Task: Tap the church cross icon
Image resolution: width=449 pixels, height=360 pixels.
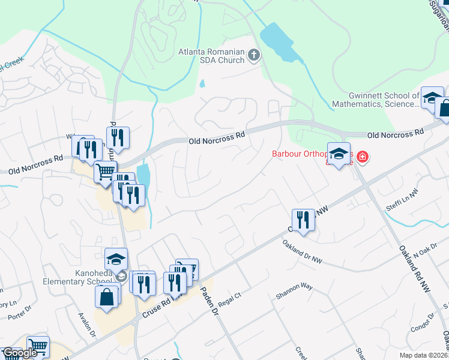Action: tap(254, 56)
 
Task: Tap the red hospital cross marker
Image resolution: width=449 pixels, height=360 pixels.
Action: tap(362, 157)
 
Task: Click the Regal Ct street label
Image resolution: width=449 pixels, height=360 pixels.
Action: tap(229, 296)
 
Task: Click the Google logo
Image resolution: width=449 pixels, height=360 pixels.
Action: tap(20, 353)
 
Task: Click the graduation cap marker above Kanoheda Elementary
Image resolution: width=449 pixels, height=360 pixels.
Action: tap(116, 259)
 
